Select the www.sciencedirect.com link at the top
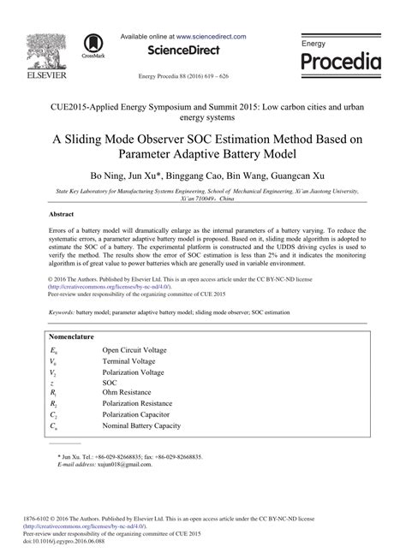pyautogui.click(x=212, y=37)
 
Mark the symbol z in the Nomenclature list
pyautogui.click(x=53, y=375)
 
